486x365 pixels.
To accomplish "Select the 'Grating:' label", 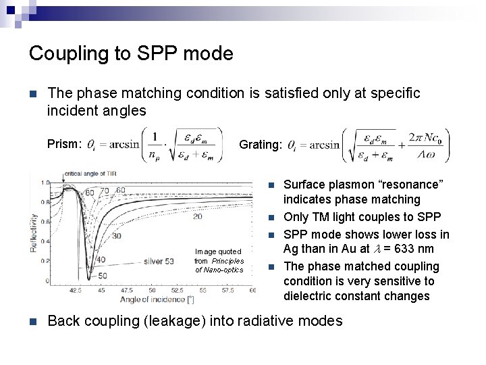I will click(x=261, y=145).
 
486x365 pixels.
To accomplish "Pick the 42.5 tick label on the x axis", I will click(x=75, y=289).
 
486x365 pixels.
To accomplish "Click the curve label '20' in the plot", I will click(x=197, y=216).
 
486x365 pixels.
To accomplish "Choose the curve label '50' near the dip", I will click(x=101, y=276).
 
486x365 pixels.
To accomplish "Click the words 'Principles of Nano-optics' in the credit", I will click(x=219, y=266).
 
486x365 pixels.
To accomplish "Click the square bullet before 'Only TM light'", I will click(x=271, y=218).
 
